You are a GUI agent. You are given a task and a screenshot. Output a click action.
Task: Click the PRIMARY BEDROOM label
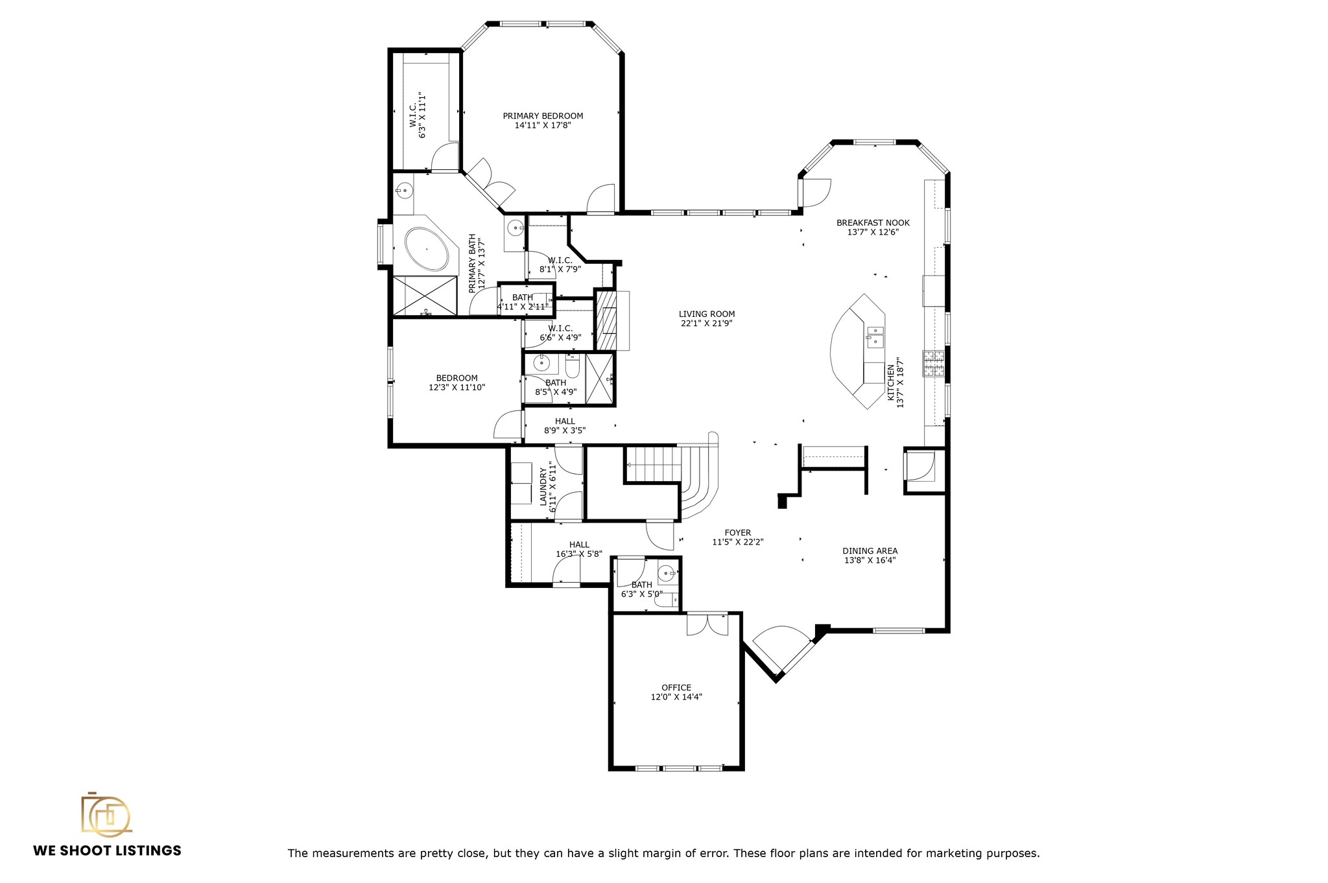(543, 116)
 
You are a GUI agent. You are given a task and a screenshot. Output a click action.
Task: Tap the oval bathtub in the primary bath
(427, 249)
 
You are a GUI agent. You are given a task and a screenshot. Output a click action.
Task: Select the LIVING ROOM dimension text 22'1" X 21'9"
(707, 324)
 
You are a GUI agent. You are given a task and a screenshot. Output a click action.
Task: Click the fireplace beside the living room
(608, 321)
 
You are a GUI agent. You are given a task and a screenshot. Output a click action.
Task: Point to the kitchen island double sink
(875, 336)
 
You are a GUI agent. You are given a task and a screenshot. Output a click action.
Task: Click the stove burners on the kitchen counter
(934, 364)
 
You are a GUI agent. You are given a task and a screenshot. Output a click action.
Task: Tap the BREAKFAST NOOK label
(873, 222)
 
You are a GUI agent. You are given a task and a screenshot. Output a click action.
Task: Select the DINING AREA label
(870, 550)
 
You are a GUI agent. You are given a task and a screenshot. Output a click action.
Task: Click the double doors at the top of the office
(707, 624)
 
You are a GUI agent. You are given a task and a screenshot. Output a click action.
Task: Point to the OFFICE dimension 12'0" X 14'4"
(676, 697)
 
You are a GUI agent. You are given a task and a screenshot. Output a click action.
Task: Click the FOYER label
(738, 533)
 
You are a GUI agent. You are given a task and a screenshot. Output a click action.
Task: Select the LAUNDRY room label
(543, 486)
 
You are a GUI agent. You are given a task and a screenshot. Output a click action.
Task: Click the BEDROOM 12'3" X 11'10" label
(456, 378)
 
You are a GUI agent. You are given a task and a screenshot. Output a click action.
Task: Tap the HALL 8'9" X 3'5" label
(565, 421)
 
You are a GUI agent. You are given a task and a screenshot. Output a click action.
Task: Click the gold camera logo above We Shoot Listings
(106, 814)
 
